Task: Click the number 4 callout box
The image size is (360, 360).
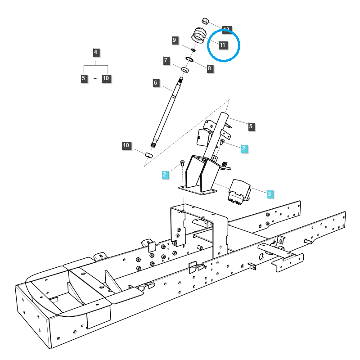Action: point(95,52)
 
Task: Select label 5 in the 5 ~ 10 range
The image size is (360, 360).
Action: point(83,78)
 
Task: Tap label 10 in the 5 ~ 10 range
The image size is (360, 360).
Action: point(106,78)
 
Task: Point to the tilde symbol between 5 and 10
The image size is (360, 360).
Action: point(95,79)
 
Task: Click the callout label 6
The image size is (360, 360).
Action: point(155,83)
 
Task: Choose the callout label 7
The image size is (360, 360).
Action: point(166,60)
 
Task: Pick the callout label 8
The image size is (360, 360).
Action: point(210,68)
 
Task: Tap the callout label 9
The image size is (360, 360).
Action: point(175,40)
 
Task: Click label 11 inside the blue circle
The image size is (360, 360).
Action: point(223,45)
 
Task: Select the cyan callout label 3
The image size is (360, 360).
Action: point(269,194)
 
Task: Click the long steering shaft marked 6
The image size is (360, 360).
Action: point(168,112)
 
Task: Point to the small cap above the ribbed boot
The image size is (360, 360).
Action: point(205,21)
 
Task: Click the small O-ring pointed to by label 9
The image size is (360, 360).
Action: point(193,49)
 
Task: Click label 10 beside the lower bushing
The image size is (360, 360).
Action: point(126,145)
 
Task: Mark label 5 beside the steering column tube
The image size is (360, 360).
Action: point(252,127)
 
